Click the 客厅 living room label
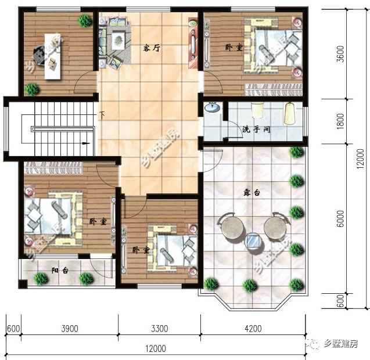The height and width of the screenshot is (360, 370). point(152,48)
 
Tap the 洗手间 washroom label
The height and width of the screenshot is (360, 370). point(256,129)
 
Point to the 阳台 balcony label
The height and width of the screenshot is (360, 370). point(59,270)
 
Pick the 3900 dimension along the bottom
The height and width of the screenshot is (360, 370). point(69,329)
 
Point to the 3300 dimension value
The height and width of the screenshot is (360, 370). point(159,329)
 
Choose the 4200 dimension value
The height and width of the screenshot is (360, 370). point(253,329)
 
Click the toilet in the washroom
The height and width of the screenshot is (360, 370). point(257,111)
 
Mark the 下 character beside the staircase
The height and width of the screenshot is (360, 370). point(102,114)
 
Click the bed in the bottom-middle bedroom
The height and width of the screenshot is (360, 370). point(169,246)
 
